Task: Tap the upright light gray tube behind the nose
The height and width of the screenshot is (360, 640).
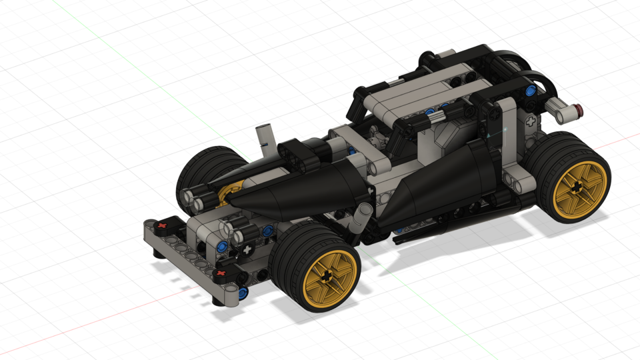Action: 266,135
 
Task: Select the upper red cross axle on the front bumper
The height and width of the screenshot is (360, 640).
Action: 161,227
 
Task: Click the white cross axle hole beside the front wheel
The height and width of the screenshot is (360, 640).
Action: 247,250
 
